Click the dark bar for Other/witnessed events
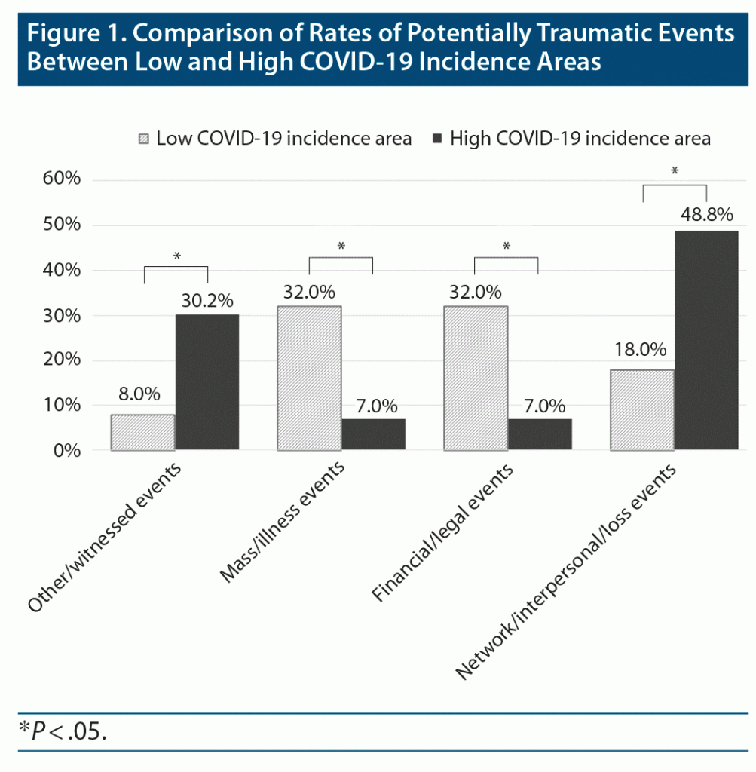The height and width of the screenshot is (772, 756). pyautogui.click(x=207, y=382)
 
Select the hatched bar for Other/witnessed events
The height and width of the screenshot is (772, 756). pyautogui.click(x=143, y=432)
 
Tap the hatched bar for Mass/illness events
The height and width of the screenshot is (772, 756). pyautogui.click(x=309, y=378)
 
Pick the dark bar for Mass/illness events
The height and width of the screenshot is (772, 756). pyautogui.click(x=373, y=434)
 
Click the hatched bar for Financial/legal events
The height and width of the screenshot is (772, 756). pyautogui.click(x=474, y=378)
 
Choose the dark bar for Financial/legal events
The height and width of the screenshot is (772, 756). pyautogui.click(x=539, y=434)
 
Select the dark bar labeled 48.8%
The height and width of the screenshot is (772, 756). pyautogui.click(x=705, y=340)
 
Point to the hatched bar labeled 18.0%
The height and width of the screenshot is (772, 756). pyautogui.click(x=641, y=409)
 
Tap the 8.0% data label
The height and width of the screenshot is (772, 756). pyautogui.click(x=140, y=393)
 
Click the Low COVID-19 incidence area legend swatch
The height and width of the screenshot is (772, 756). pyautogui.click(x=144, y=139)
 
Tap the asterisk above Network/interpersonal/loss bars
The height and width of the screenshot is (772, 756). pyautogui.click(x=674, y=171)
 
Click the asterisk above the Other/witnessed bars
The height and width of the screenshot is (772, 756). pyautogui.click(x=176, y=256)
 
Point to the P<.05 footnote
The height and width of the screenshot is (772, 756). pyautogui.click(x=63, y=731)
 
